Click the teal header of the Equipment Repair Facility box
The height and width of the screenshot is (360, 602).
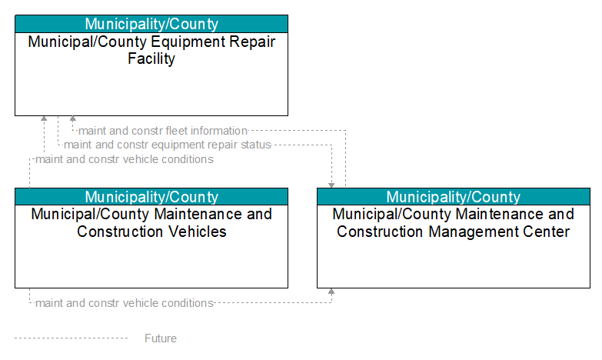(151, 24)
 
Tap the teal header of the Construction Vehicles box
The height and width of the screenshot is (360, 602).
(151, 197)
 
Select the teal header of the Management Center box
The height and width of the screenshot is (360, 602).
(454, 197)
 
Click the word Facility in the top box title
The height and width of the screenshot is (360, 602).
(151, 58)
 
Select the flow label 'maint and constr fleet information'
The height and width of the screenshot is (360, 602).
(163, 131)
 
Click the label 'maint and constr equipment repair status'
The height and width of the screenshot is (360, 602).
(168, 145)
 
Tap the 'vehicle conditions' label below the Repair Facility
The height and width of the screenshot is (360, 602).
(125, 159)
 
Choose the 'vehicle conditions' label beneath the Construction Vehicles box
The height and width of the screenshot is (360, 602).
(125, 303)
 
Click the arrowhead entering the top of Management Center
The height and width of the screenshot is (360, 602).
(331, 185)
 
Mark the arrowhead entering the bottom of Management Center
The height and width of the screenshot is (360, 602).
(331, 292)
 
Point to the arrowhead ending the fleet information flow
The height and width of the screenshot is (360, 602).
(72, 118)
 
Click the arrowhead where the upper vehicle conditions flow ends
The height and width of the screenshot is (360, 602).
(44, 118)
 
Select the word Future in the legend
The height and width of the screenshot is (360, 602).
(161, 338)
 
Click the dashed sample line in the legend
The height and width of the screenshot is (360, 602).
(71, 338)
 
